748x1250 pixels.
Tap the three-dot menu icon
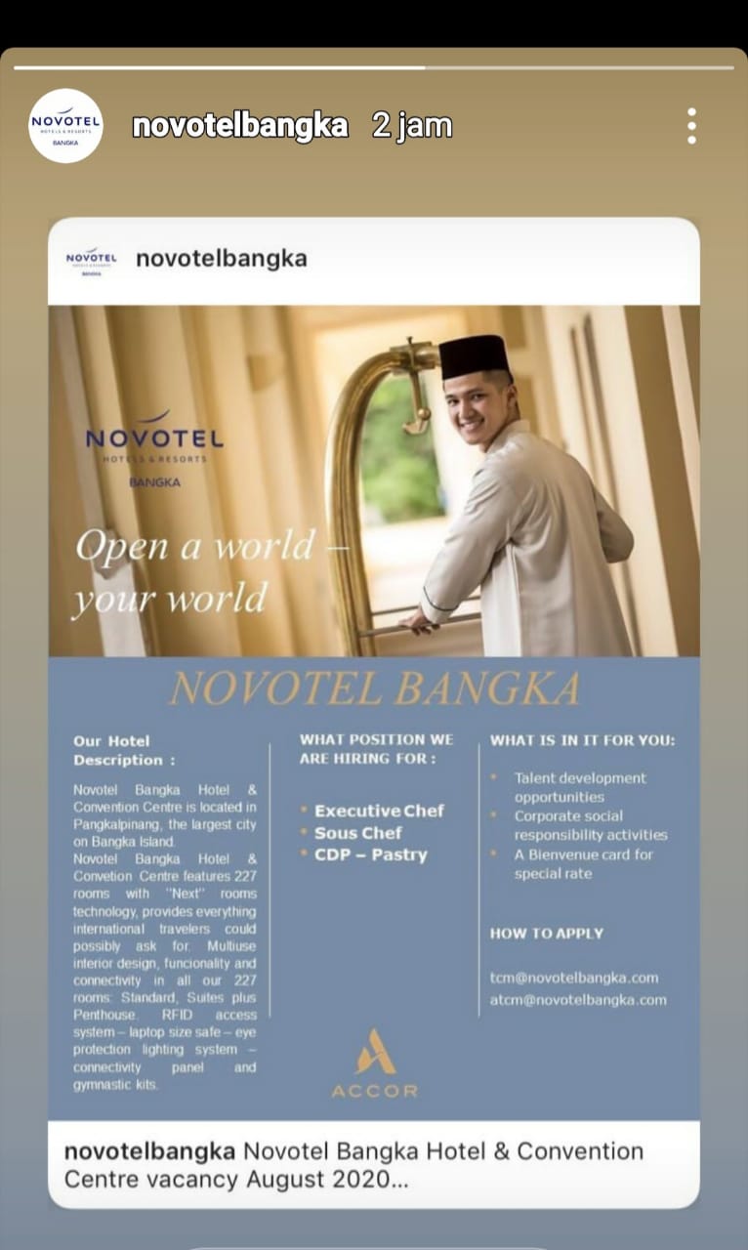coord(691,126)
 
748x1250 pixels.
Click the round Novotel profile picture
coord(65,125)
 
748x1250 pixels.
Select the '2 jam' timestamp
coord(411,126)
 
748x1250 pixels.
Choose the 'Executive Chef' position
coord(379,811)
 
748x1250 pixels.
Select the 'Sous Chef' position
coord(357,833)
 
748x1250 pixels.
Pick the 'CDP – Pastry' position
coord(370,854)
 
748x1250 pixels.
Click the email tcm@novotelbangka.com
coord(574,978)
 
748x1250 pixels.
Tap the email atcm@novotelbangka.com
coord(578,999)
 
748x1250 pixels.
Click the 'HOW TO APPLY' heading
coord(547,934)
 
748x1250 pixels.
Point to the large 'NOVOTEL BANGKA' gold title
coord(374,688)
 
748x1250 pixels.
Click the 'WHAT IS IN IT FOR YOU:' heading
coord(582,740)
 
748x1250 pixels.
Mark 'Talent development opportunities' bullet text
coord(580,787)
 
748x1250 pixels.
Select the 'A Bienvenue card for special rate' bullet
coord(583,863)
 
